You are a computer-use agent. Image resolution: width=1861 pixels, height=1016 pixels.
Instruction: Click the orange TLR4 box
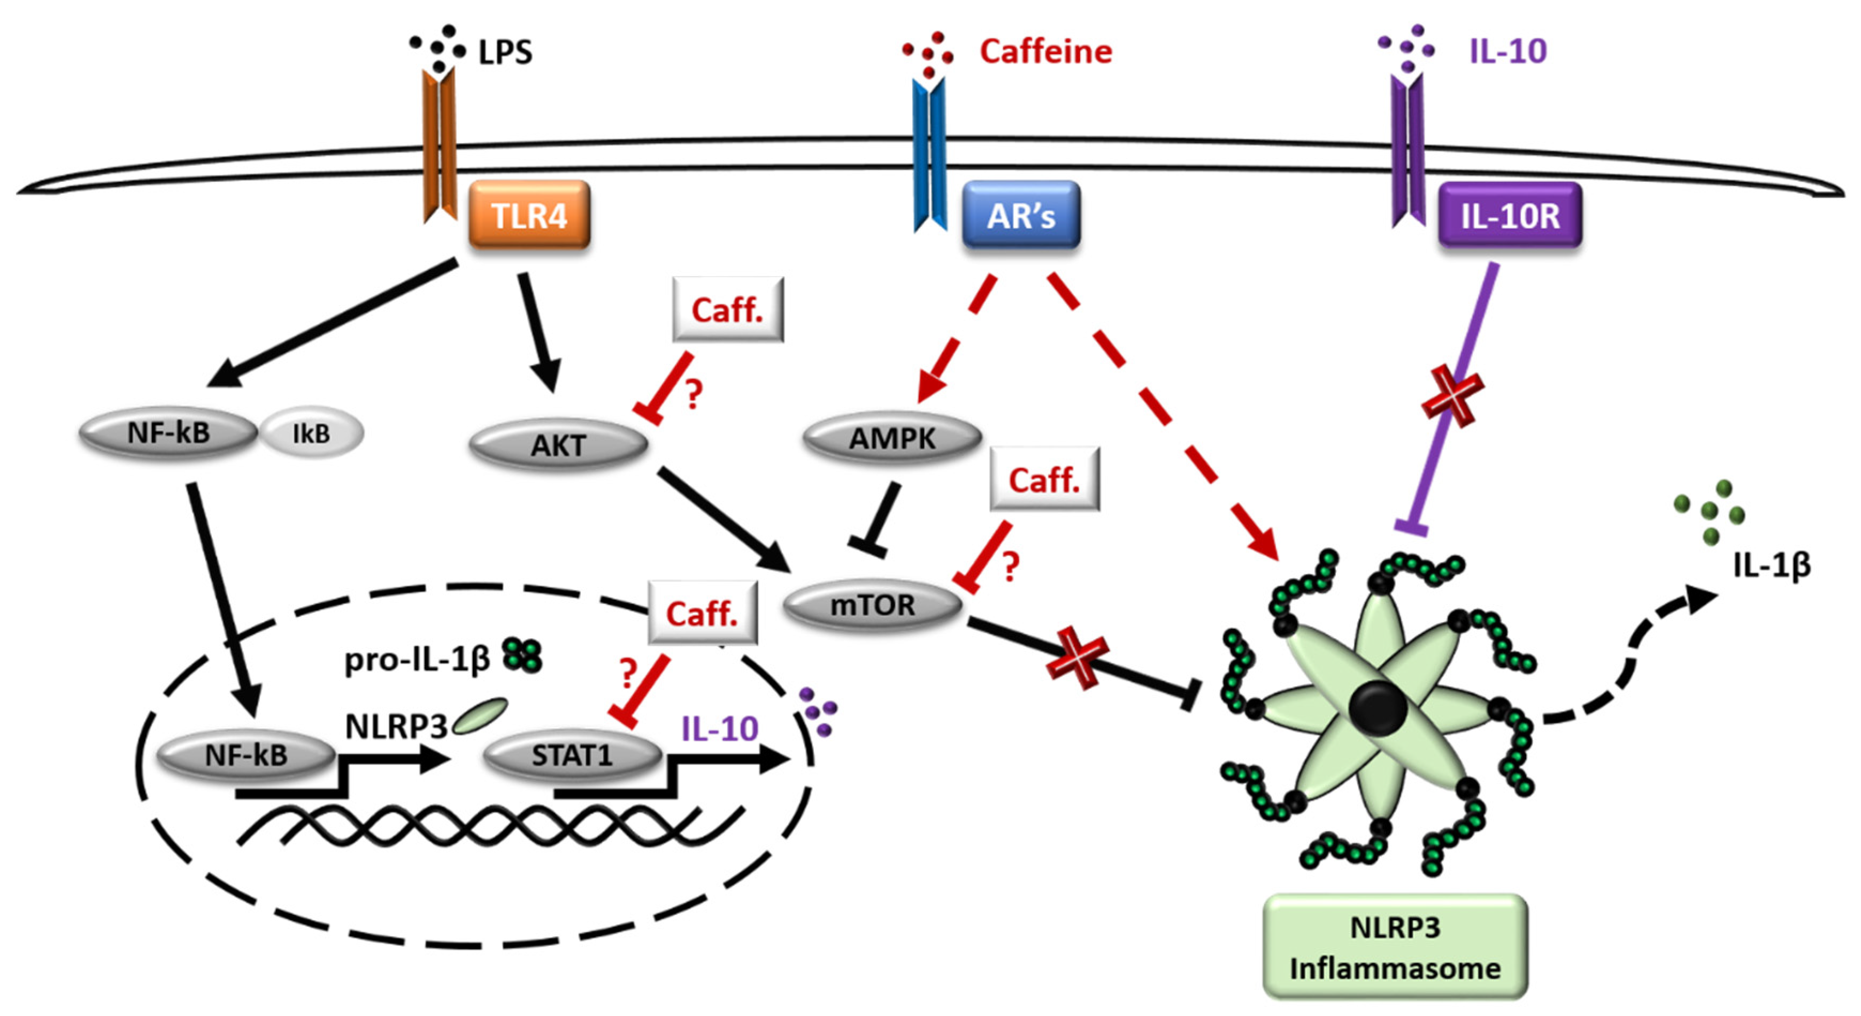pyautogui.click(x=529, y=215)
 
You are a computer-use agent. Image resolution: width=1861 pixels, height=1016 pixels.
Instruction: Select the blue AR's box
pyautogui.click(x=1021, y=215)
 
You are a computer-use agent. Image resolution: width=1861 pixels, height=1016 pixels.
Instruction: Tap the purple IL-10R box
pyautogui.click(x=1510, y=215)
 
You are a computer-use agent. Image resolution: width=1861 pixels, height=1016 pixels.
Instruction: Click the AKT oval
pyautogui.click(x=558, y=445)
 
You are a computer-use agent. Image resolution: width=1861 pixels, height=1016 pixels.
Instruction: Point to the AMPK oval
pyautogui.click(x=892, y=438)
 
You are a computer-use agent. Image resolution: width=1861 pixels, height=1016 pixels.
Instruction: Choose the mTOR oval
pyautogui.click(x=873, y=604)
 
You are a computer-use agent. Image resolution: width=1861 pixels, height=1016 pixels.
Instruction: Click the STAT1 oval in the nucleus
pyautogui.click(x=572, y=755)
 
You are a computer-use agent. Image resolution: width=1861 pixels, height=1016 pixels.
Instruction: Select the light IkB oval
pyautogui.click(x=311, y=433)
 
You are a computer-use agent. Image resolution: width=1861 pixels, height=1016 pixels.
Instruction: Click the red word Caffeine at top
pyautogui.click(x=1045, y=51)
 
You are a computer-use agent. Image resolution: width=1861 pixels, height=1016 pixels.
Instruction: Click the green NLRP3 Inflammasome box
pyautogui.click(x=1395, y=946)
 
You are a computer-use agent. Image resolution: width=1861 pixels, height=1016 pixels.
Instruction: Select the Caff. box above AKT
pyautogui.click(x=727, y=309)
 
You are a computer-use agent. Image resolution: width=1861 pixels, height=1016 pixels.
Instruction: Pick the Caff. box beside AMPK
pyautogui.click(x=1044, y=479)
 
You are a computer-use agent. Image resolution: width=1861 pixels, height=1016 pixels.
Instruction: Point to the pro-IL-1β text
pyautogui.click(x=417, y=659)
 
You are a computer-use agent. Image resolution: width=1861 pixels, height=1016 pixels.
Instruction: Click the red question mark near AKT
pyautogui.click(x=694, y=394)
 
